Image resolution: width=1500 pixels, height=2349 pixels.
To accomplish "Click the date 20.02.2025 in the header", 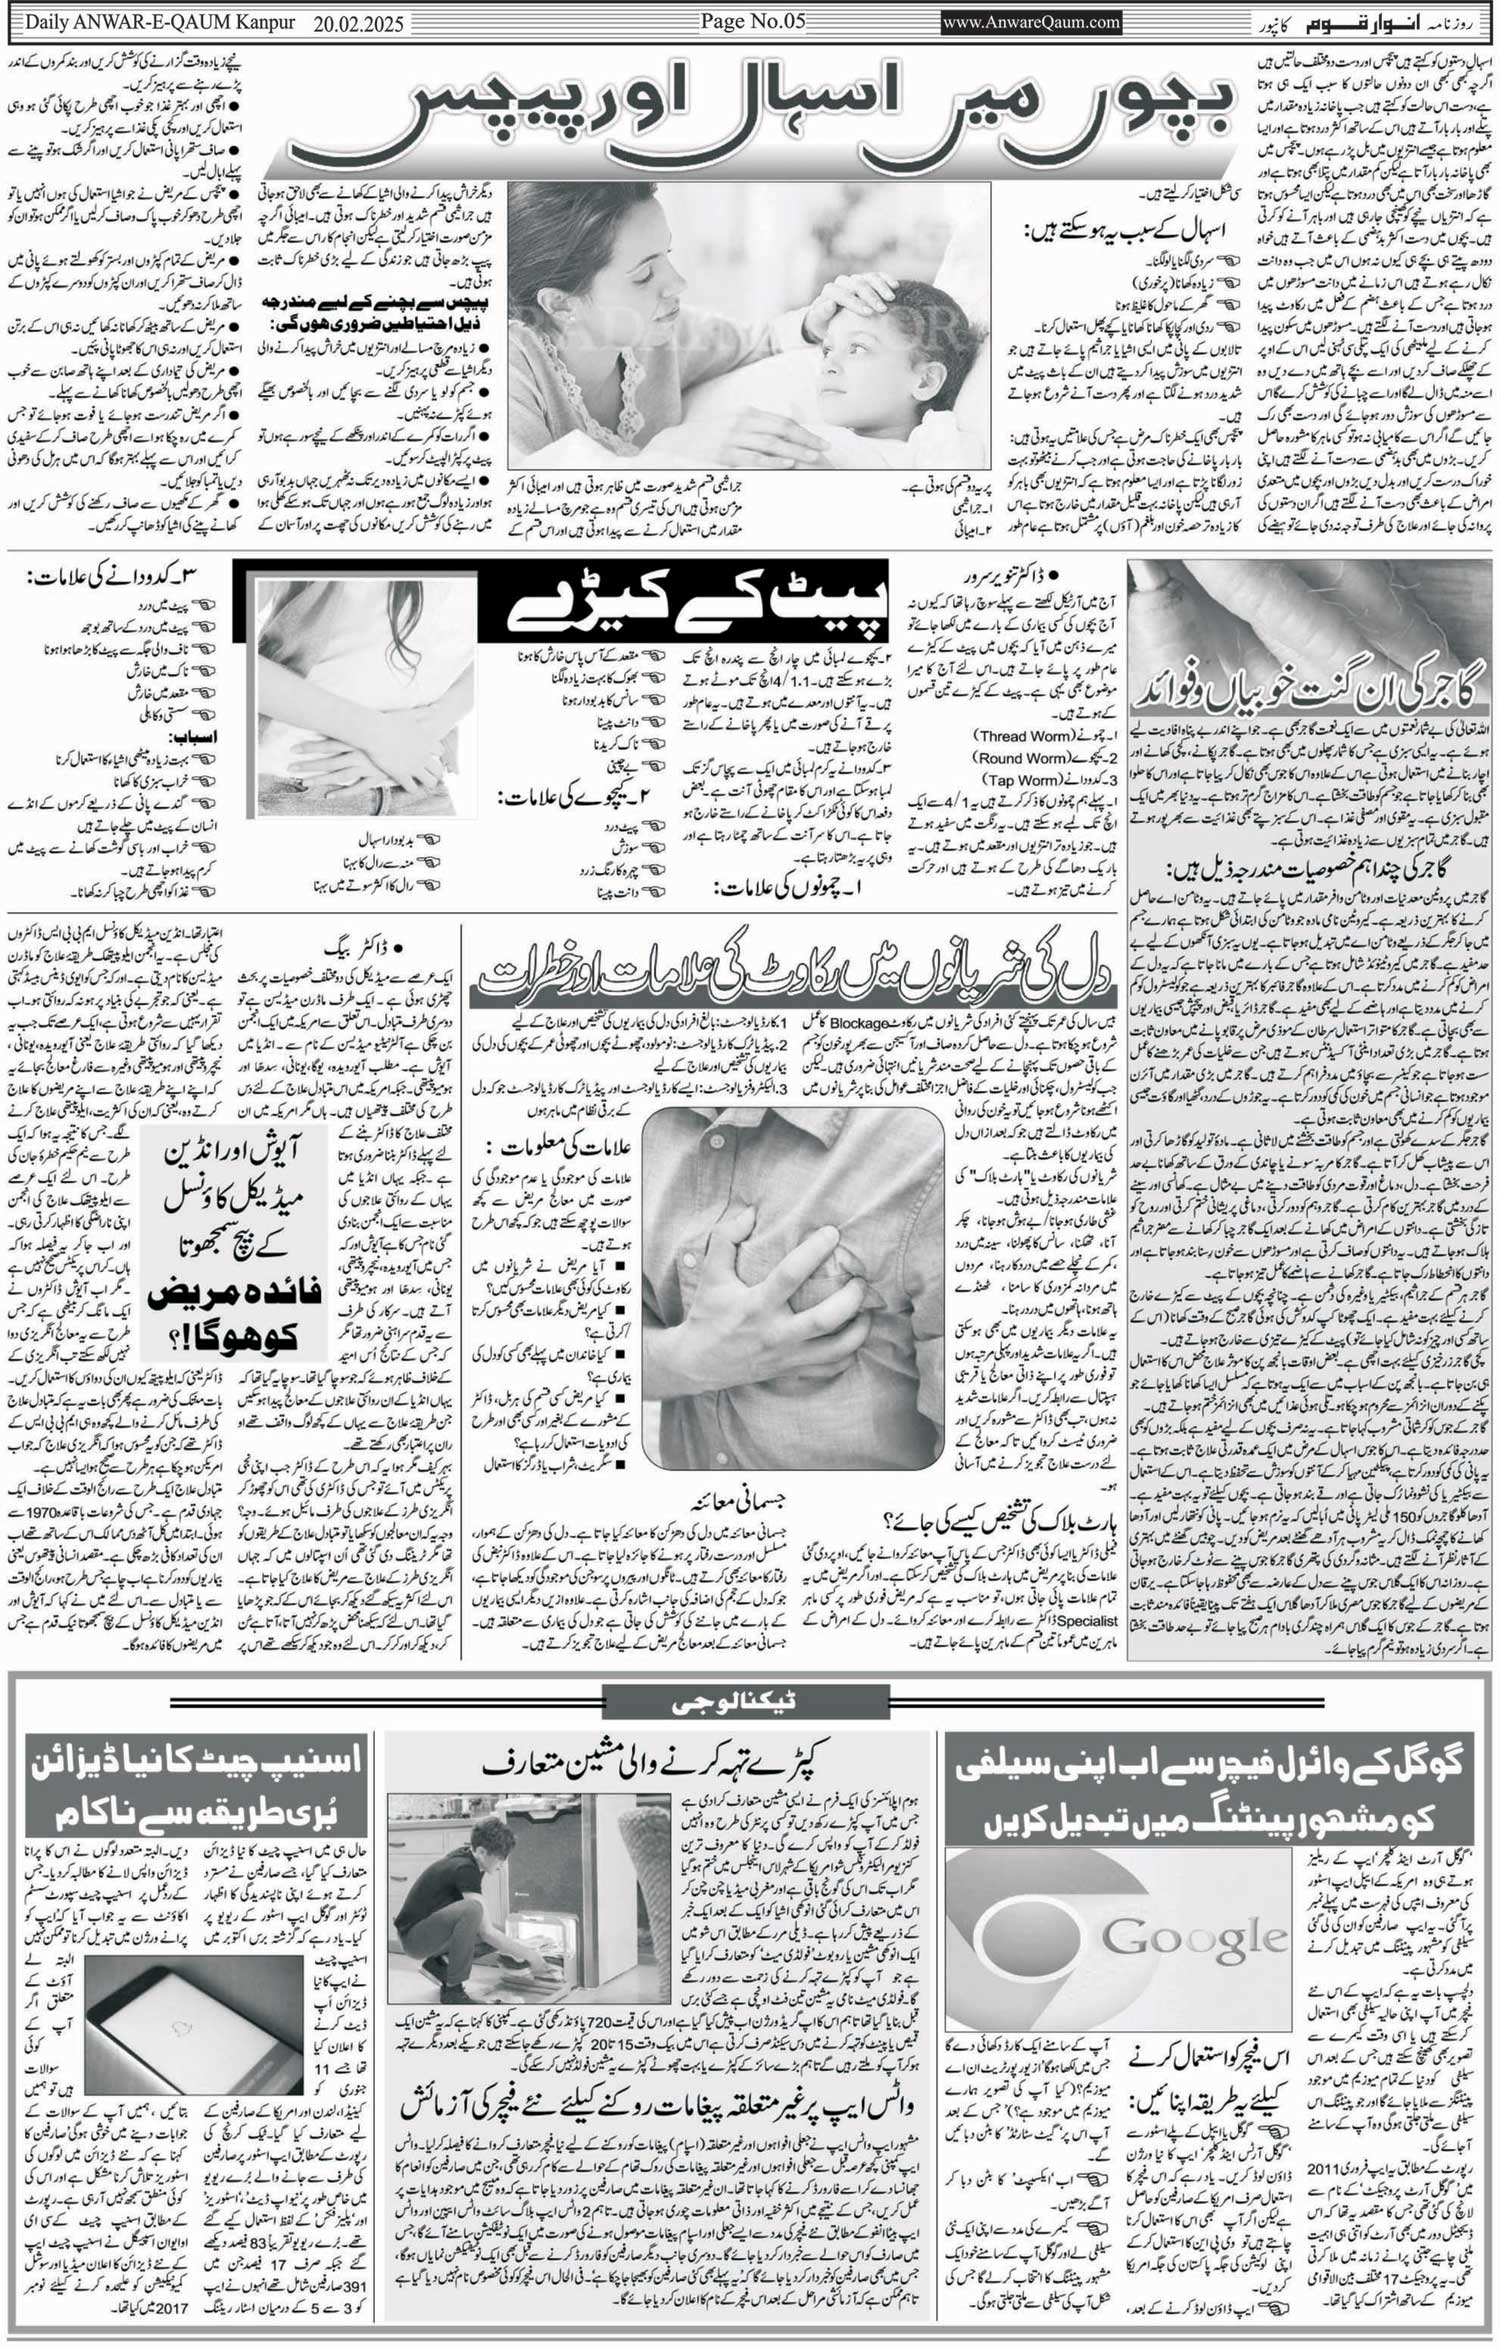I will click(358, 24).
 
